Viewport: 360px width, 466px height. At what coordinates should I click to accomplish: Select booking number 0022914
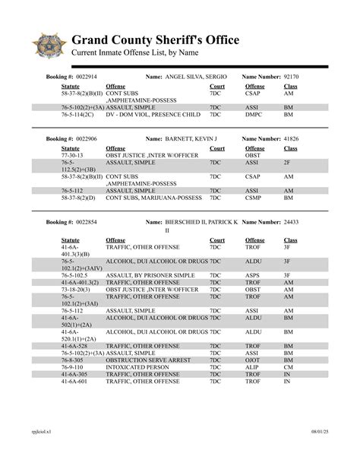click(104, 78)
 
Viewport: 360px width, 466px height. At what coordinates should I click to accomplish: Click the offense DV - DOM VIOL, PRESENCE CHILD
click(153, 116)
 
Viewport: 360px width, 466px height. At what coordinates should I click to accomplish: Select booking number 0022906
click(104, 139)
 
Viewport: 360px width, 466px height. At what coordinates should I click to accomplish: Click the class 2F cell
click(287, 162)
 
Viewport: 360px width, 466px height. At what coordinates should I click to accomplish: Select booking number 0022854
click(104, 221)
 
